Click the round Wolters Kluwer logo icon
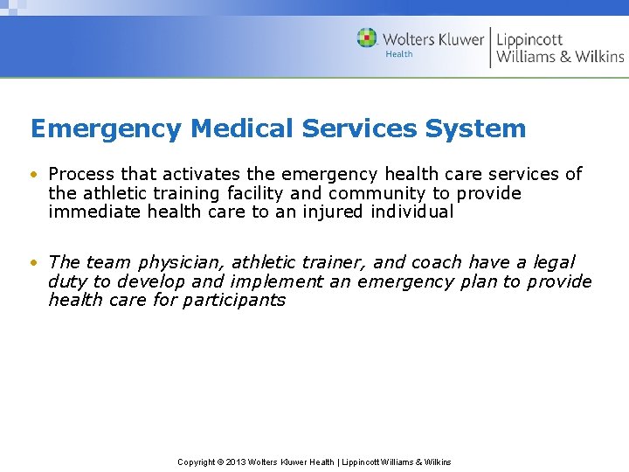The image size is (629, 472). [x=367, y=38]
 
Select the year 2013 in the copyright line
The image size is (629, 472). [x=236, y=462]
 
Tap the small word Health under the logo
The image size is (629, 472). [x=399, y=54]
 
